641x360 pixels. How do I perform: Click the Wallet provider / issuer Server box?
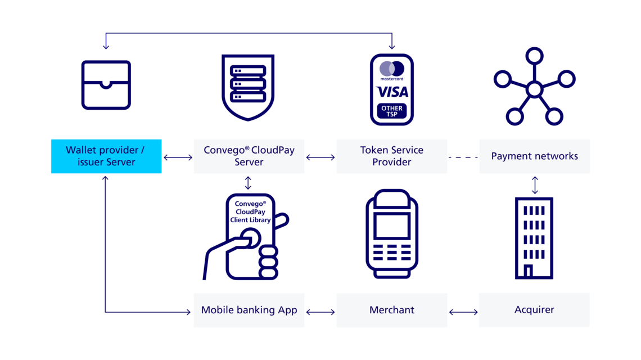[106, 156]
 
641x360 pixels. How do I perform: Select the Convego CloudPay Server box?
[249, 156]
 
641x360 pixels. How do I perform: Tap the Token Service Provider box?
[392, 156]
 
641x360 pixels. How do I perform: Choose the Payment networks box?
[534, 156]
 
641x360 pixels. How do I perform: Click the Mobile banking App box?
[249, 310]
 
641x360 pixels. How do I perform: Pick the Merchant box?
[392, 310]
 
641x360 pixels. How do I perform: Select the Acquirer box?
[534, 310]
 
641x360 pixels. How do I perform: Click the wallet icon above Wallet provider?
[106, 85]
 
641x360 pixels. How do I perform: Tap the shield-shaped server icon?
[248, 87]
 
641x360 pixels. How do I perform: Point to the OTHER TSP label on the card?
[392, 111]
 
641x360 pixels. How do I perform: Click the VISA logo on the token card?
[392, 92]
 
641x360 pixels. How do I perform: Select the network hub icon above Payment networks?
[534, 87]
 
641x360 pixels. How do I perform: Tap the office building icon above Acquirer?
[534, 237]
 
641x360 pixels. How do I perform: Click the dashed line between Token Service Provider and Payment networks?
[463, 157]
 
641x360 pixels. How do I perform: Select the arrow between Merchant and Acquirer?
[463, 310]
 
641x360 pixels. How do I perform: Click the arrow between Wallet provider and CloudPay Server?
[178, 157]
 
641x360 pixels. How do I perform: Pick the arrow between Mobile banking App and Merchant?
[320, 310]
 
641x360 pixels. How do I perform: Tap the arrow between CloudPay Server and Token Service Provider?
[320, 157]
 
